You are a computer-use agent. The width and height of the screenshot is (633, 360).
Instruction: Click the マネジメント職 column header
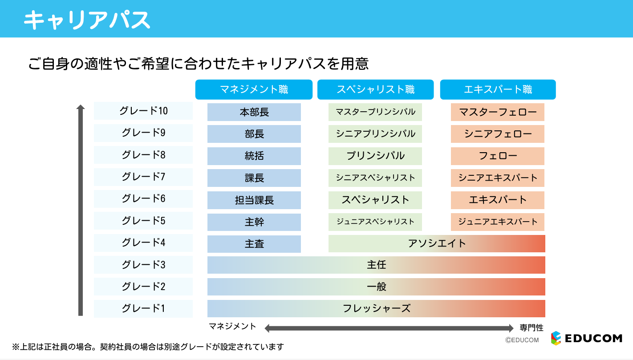point(254,89)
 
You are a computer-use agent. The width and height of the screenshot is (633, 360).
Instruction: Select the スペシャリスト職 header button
point(375,89)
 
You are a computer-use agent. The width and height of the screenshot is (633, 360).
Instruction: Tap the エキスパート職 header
point(498,89)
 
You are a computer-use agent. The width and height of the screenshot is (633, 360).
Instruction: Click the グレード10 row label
point(143,111)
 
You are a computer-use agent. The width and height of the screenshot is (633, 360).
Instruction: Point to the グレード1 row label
point(143,308)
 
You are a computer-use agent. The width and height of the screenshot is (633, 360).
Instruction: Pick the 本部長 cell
point(254,112)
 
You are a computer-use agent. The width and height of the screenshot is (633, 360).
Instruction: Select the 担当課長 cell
point(254,200)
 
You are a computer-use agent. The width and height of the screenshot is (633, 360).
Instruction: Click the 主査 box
point(254,244)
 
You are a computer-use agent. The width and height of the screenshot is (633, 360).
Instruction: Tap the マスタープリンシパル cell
point(375,112)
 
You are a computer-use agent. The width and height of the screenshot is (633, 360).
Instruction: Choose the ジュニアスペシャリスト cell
point(375,222)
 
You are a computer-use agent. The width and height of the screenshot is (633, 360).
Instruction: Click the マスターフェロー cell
point(498,112)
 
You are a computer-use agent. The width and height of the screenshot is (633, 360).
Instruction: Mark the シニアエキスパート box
point(498,178)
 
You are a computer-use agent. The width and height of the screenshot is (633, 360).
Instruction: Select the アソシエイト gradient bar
point(437,243)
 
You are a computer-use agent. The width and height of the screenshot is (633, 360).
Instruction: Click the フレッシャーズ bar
point(376,308)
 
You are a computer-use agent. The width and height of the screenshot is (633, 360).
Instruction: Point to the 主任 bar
point(376,265)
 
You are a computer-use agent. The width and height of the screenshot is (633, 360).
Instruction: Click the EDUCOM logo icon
point(556,338)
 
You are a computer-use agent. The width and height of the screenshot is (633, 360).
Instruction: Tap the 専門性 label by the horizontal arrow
point(532,328)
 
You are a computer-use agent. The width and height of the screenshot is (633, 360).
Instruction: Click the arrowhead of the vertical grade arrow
point(81,107)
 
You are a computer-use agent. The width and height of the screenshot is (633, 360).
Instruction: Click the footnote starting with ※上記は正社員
point(148,347)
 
